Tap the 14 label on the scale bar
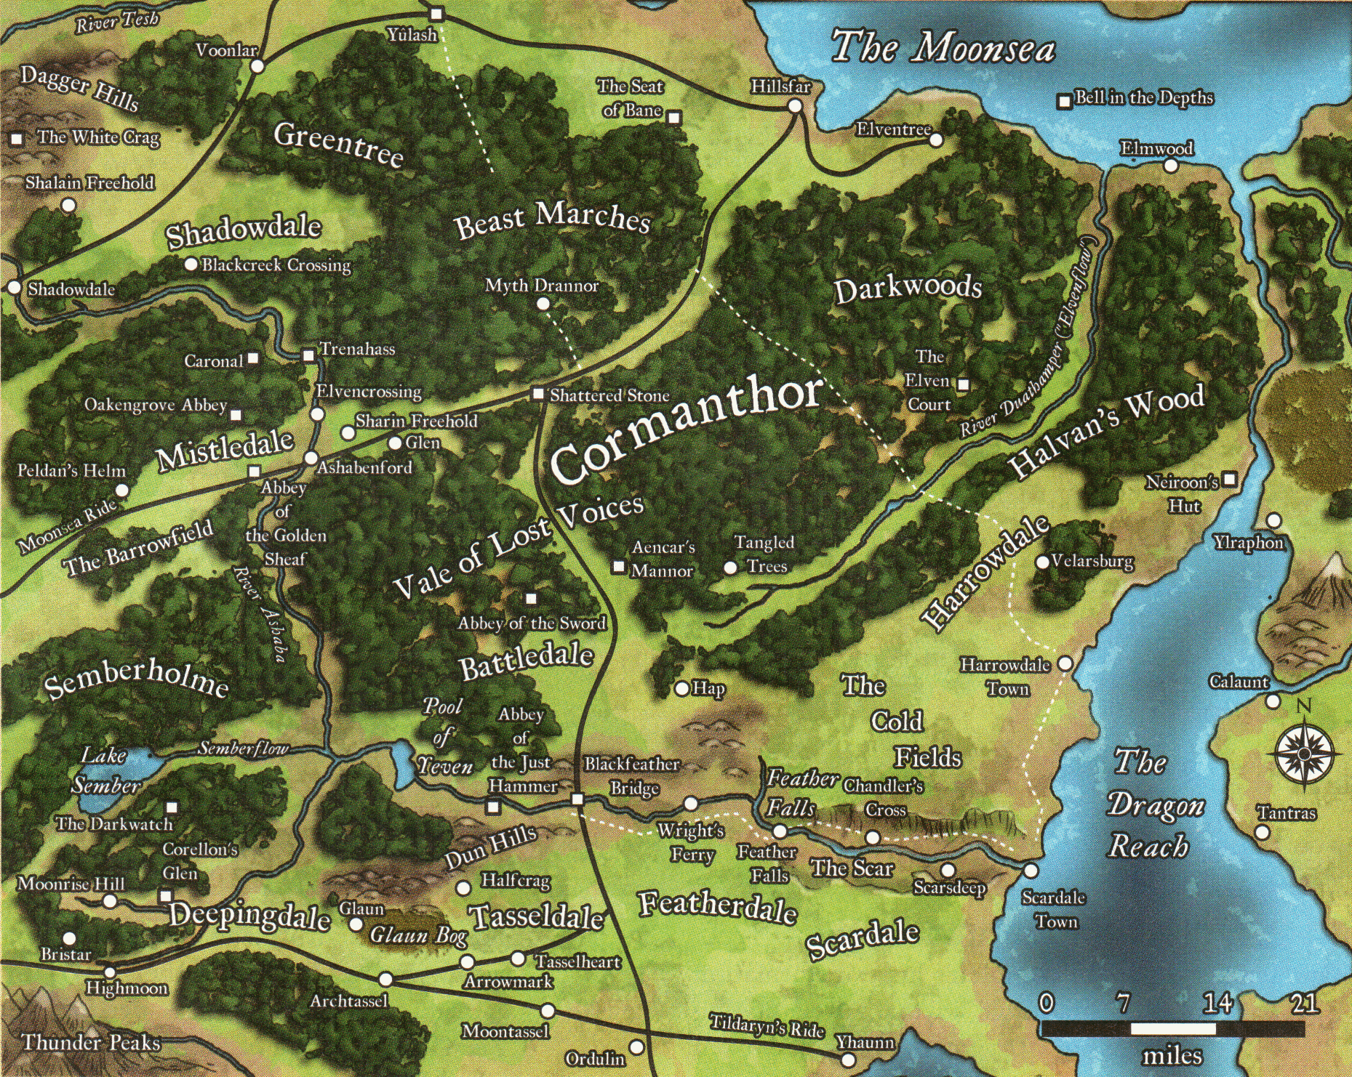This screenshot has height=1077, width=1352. point(1217,1004)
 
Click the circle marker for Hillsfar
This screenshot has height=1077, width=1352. point(795,106)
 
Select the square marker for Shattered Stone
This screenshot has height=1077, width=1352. point(538,394)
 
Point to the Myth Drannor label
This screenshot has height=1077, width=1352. point(542,286)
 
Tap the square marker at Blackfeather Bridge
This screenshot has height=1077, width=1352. point(577,799)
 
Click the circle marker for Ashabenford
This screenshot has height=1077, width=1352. point(311,459)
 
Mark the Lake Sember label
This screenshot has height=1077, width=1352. point(105,771)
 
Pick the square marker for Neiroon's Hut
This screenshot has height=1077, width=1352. point(1229,480)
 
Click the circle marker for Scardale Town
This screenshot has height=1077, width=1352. point(1031,870)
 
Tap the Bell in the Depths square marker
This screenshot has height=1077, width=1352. point(1065,101)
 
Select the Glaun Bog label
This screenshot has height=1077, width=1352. point(418,935)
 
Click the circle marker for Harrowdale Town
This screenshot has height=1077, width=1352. point(1065,663)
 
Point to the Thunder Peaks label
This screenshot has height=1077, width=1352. point(91,1043)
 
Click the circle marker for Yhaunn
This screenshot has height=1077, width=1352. point(848,1060)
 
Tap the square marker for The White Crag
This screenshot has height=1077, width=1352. point(17,138)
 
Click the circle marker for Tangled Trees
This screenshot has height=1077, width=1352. point(731,568)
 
